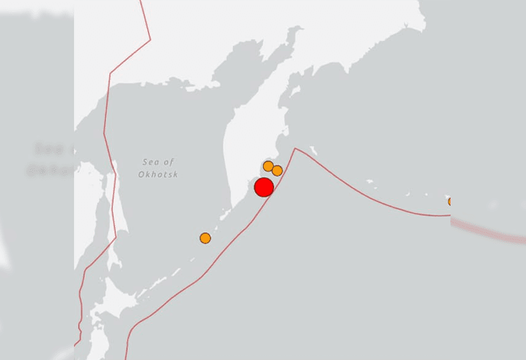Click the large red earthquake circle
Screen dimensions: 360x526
tap(264, 187)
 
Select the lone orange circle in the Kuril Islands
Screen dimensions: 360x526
tap(205, 238)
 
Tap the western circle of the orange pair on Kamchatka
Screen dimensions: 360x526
tap(268, 166)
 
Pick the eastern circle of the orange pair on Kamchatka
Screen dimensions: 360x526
tap(277, 171)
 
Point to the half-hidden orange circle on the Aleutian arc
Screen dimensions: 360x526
tap(451, 201)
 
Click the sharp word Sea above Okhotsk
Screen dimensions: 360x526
tap(150, 162)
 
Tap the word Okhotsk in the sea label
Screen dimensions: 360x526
tap(158, 174)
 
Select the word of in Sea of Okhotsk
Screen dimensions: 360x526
tap(169, 162)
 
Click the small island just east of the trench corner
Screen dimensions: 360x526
tap(313, 149)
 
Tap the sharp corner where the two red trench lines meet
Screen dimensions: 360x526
tap(295, 149)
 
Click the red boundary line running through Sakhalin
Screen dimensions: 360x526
tap(105, 140)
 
